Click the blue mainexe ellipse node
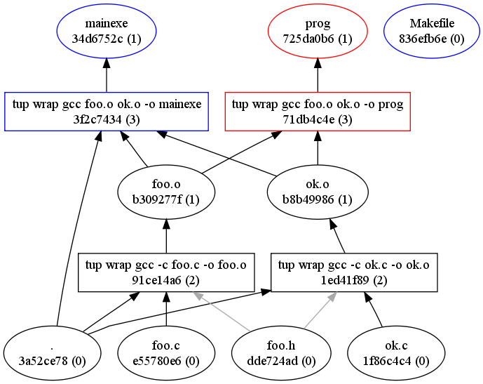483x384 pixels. pos(107,32)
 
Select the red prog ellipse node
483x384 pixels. pos(318,32)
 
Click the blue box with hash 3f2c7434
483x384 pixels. pos(107,111)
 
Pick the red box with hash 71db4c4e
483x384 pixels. pos(318,111)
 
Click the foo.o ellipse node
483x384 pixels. pos(165,192)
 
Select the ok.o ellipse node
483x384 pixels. pos(318,192)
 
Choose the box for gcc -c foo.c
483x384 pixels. pos(165,272)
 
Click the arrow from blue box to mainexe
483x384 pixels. pos(107,76)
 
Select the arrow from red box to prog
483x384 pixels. pos(318,76)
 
